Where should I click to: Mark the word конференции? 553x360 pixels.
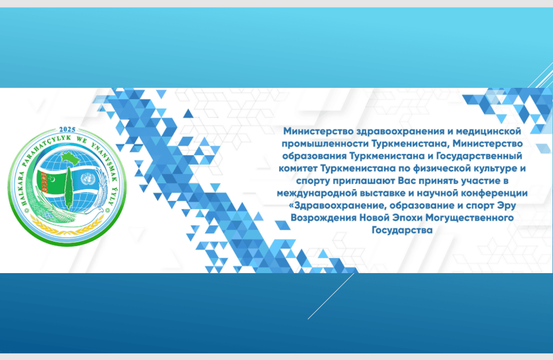pos(497,193)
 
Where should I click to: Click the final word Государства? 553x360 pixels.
pos(402,230)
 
